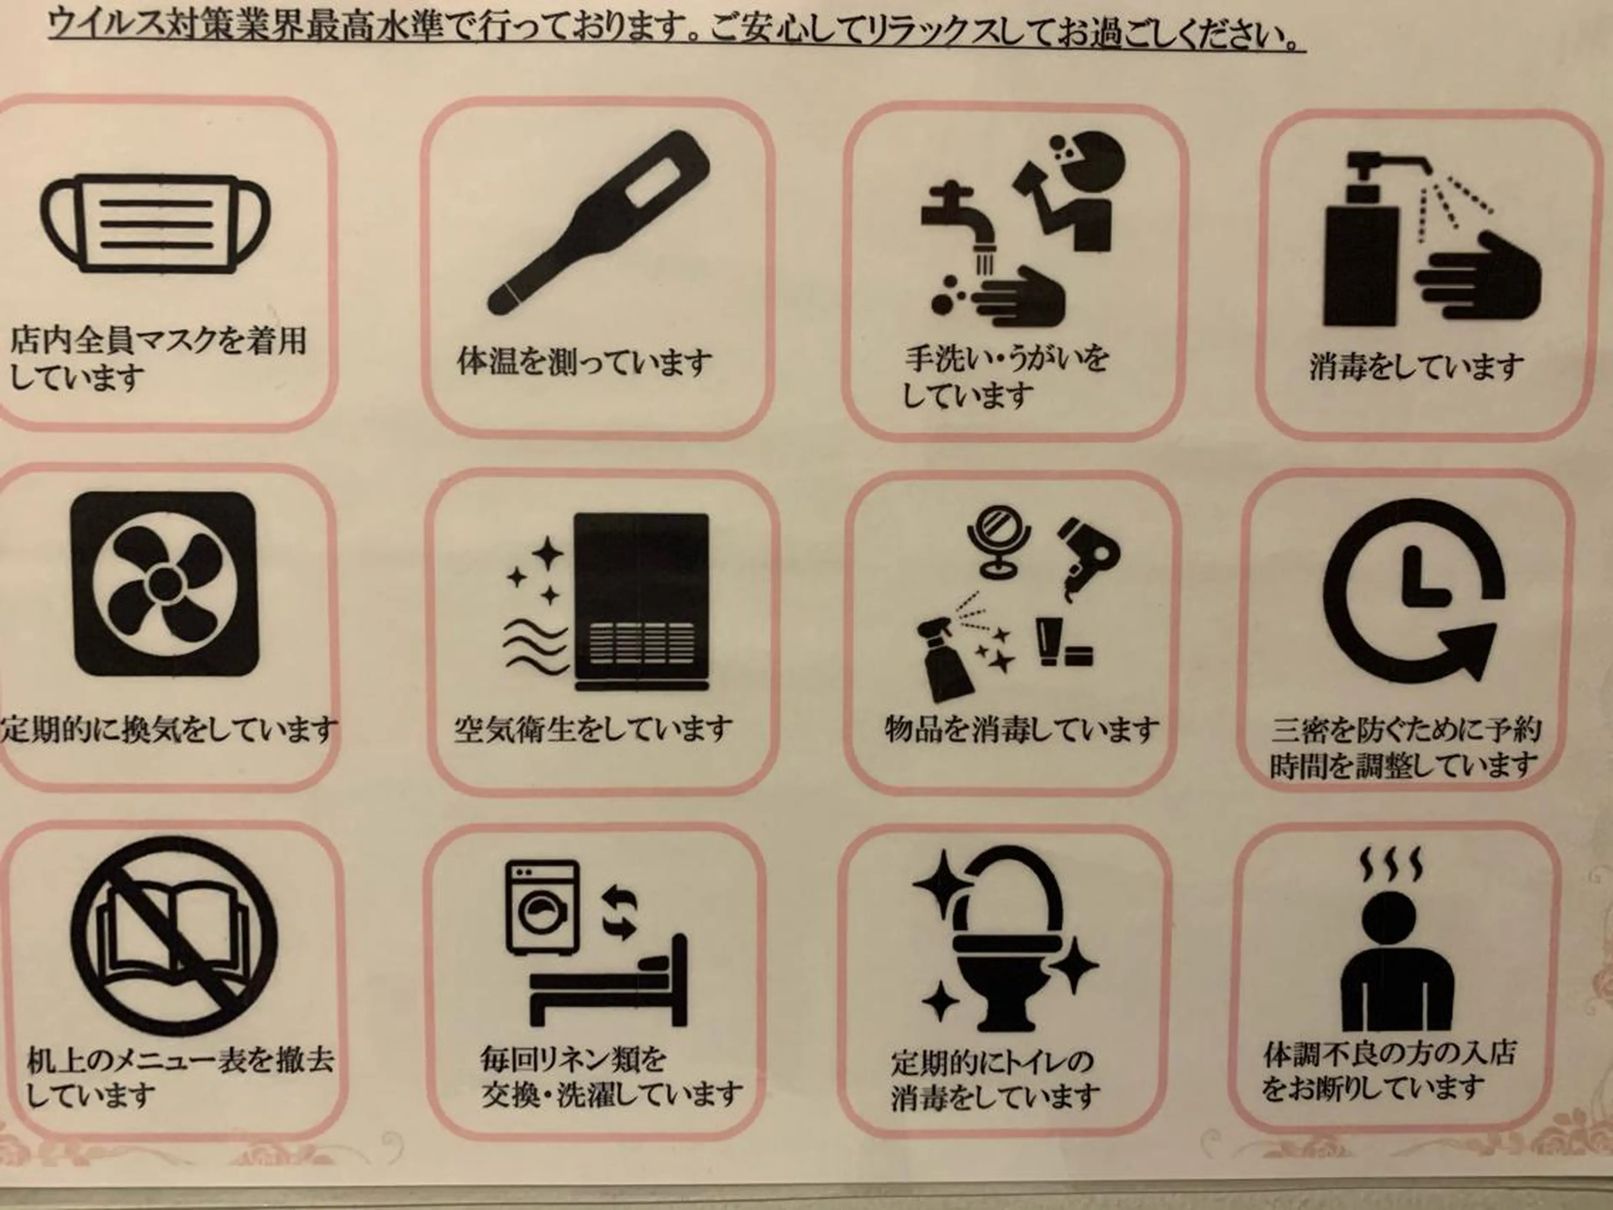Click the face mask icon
pos(155,222)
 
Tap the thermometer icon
pos(598,223)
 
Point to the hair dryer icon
pos(1085,558)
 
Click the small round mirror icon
pos(998,543)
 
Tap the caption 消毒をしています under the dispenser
pos(1416,366)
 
